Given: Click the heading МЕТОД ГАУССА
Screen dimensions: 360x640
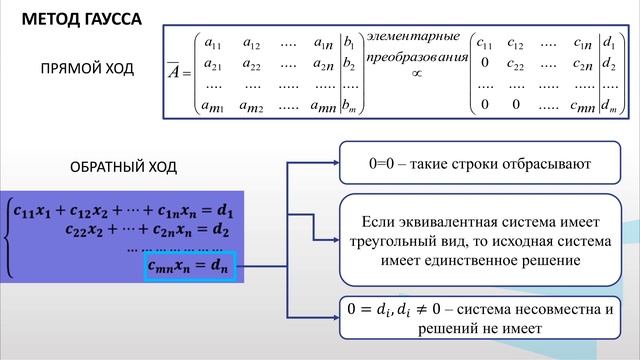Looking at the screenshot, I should tap(82, 19).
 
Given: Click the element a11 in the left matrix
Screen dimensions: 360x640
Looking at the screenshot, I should tap(212, 43).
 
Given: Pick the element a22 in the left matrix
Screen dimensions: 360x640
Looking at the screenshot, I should tap(251, 64).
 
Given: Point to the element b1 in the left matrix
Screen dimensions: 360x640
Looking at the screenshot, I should tap(348, 44).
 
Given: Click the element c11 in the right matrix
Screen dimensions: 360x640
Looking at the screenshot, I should tap(487, 43).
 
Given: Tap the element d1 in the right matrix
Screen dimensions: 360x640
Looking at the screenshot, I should tap(609, 43).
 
